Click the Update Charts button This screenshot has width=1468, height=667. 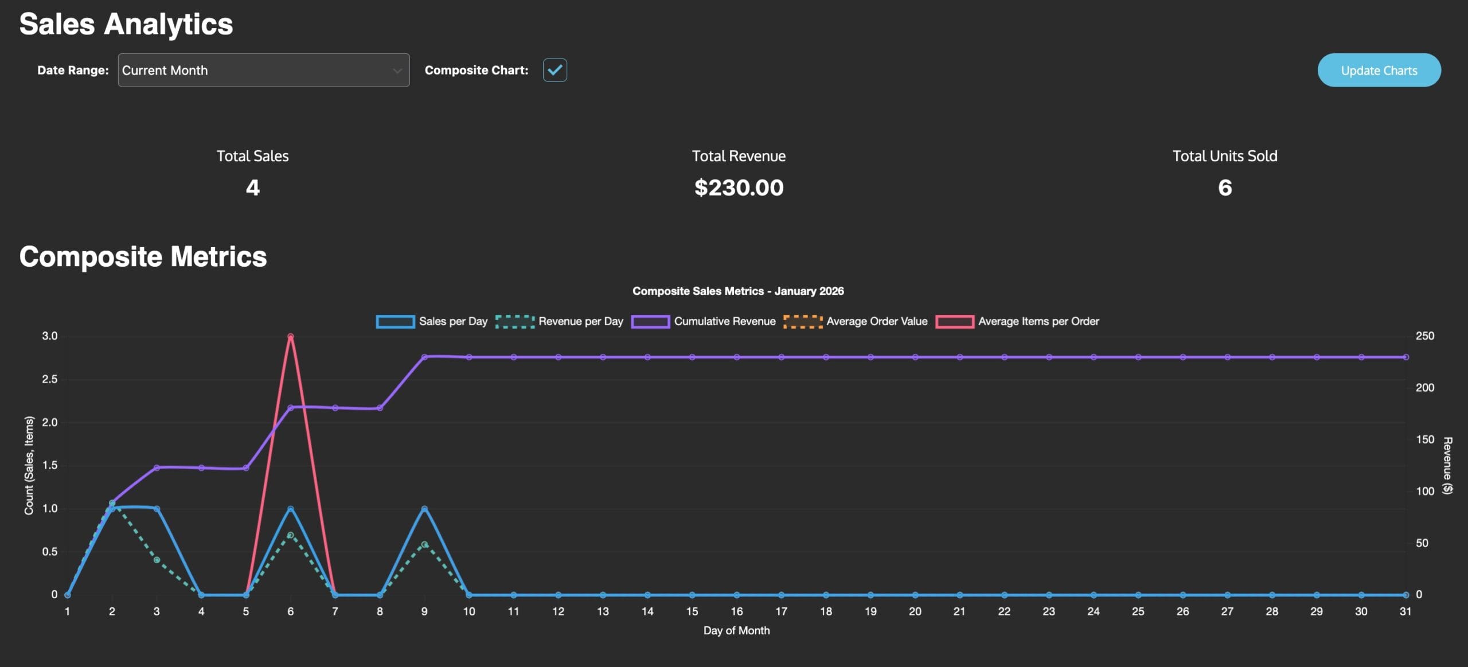point(1379,70)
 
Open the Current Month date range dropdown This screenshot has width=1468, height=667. point(263,70)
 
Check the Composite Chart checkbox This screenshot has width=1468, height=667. point(555,70)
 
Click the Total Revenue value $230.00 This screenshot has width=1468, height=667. point(739,188)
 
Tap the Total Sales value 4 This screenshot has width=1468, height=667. point(252,188)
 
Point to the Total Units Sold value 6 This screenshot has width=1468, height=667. point(1224,188)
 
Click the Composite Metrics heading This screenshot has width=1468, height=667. point(143,256)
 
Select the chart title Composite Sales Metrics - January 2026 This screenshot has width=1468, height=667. point(738,291)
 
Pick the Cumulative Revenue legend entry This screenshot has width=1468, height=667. point(704,321)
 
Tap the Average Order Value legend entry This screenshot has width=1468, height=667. point(856,321)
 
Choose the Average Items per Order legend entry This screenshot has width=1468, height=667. point(1017,321)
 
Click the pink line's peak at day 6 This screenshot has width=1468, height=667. point(290,337)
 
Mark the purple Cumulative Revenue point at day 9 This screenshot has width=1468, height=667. point(424,357)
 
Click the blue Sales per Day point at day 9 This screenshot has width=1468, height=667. point(424,509)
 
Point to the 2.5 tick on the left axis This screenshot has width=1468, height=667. point(50,379)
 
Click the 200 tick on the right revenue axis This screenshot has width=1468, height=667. point(1424,388)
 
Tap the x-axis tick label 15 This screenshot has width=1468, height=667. point(692,611)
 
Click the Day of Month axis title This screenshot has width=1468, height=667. point(736,630)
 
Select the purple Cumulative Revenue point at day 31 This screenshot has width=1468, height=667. point(1405,357)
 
